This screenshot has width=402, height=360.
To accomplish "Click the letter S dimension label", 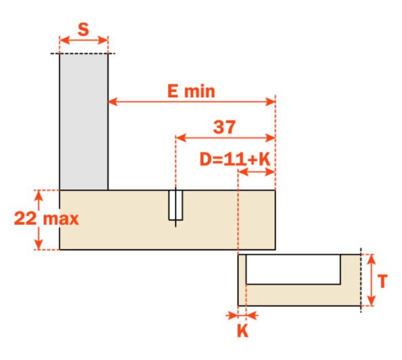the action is point(83,29).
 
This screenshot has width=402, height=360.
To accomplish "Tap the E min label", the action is point(191,91).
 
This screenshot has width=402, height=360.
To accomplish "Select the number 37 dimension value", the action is point(224,127).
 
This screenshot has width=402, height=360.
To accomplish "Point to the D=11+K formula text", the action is point(235,160).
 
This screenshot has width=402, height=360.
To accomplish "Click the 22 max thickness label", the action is point(47,219).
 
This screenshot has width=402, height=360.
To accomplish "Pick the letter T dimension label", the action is point(382,281).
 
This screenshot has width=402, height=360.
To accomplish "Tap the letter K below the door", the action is point(243,331).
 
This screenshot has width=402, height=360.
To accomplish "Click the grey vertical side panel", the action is point(84,122).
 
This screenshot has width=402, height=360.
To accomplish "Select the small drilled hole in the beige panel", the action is point(176,205).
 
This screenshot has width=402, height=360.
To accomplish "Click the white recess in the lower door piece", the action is point(293,269).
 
